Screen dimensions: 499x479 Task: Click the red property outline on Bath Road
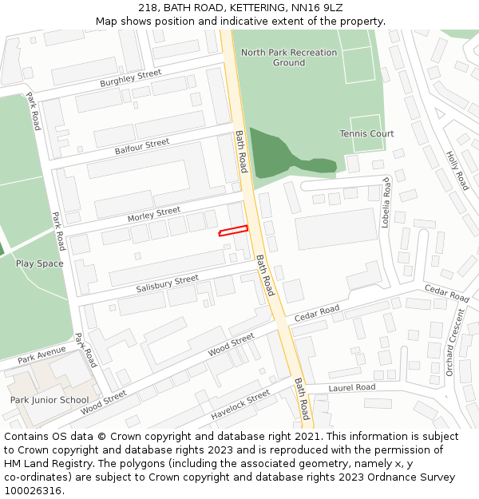[x=233, y=231]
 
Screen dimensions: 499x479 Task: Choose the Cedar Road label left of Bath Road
[x=317, y=314]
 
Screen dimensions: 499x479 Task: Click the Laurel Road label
[x=351, y=387]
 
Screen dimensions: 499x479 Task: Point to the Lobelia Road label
[x=386, y=203]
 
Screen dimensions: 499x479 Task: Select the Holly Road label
[x=457, y=170]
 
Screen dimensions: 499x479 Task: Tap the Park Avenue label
[x=42, y=354]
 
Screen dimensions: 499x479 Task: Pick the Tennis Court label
[x=366, y=133]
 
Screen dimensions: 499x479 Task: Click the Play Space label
[x=39, y=263]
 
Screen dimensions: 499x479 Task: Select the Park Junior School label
[x=49, y=400]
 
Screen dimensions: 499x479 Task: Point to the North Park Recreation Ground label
[x=289, y=57]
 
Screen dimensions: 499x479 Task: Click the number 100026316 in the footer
[x=34, y=491]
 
